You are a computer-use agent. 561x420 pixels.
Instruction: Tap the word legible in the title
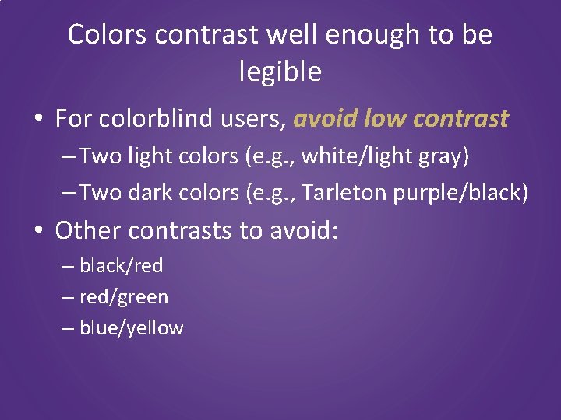click(x=280, y=72)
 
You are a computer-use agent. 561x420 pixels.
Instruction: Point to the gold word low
click(x=382, y=119)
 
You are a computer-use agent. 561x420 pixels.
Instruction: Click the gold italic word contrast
click(x=461, y=119)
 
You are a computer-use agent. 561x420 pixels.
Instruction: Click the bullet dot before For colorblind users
click(x=38, y=120)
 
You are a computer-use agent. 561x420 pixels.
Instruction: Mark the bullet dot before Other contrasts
click(x=38, y=231)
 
